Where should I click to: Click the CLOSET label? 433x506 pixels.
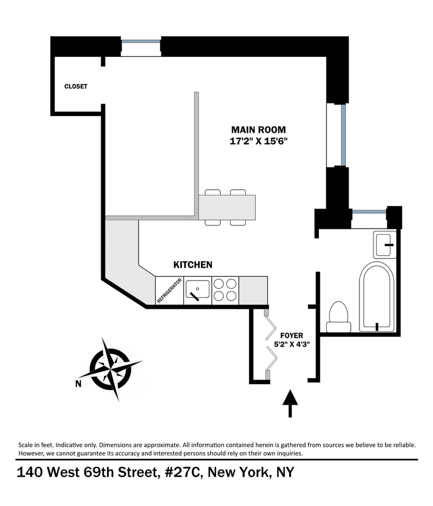coord(76,87)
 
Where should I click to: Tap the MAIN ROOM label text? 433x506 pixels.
coord(258,130)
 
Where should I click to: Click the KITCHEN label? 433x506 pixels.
coord(193,265)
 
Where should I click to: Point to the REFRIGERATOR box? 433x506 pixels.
coord(169,291)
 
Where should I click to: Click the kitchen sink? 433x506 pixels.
coord(197,290)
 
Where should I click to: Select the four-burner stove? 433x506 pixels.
coord(225,290)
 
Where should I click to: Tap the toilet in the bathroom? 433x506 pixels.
coord(339,316)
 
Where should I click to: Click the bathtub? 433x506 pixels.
coord(377,296)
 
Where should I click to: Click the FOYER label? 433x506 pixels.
coord(291,336)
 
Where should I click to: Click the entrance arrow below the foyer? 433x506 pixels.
coord(291,403)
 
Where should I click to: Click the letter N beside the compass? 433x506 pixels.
coord(78,384)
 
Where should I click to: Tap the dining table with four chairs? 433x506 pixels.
coord(226,207)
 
